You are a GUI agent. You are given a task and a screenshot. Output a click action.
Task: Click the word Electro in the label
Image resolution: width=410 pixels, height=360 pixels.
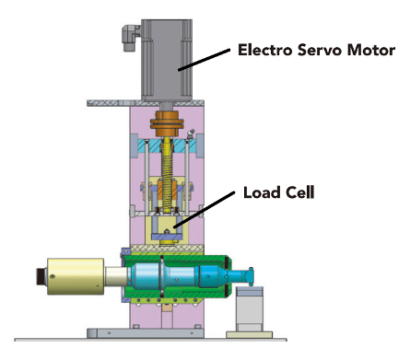click(x=264, y=51)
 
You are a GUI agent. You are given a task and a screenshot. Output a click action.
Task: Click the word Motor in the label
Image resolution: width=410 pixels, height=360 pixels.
click(x=371, y=51)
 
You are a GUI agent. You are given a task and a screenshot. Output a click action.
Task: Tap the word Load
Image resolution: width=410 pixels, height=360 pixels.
click(x=262, y=192)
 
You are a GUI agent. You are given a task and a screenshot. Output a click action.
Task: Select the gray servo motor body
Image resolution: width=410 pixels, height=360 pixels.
click(x=167, y=60)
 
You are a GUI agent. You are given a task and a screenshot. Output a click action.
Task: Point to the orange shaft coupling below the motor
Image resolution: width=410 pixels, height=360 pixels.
click(x=167, y=123)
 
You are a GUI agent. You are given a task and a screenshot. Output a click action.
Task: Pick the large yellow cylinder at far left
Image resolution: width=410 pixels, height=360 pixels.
click(x=76, y=276)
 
